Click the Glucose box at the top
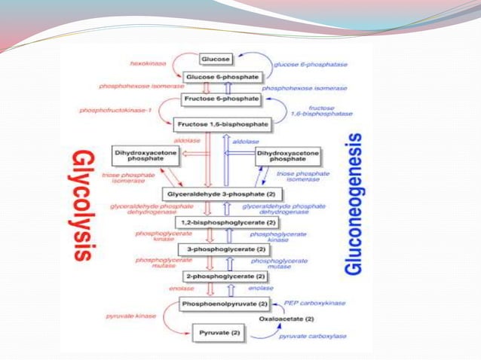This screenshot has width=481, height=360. pyautogui.click(x=216, y=58)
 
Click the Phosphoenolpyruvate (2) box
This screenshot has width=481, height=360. pyautogui.click(x=224, y=304)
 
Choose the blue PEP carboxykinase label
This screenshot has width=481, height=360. pyautogui.click(x=316, y=303)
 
